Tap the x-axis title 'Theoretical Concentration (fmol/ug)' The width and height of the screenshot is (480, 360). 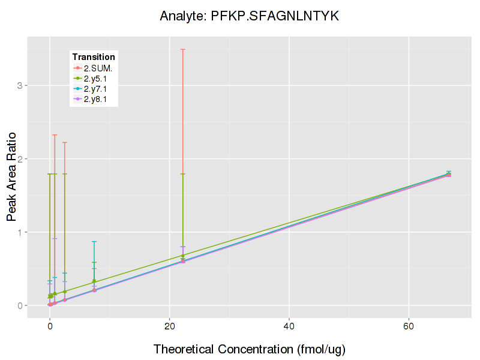coord(250,349)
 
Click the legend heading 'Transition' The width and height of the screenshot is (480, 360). coord(93,56)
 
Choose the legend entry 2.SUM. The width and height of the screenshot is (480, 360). coord(98,68)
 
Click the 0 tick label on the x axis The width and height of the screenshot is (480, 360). coord(50,325)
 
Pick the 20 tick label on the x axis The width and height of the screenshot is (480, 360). coord(170,325)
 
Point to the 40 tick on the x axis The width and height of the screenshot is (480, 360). coord(289,325)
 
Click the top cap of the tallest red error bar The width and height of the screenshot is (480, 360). coord(183,49)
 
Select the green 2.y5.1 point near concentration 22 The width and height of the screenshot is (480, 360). coord(183,256)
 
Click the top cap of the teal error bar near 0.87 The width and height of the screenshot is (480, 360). coord(94,242)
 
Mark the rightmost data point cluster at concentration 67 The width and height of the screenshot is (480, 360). coord(448,174)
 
